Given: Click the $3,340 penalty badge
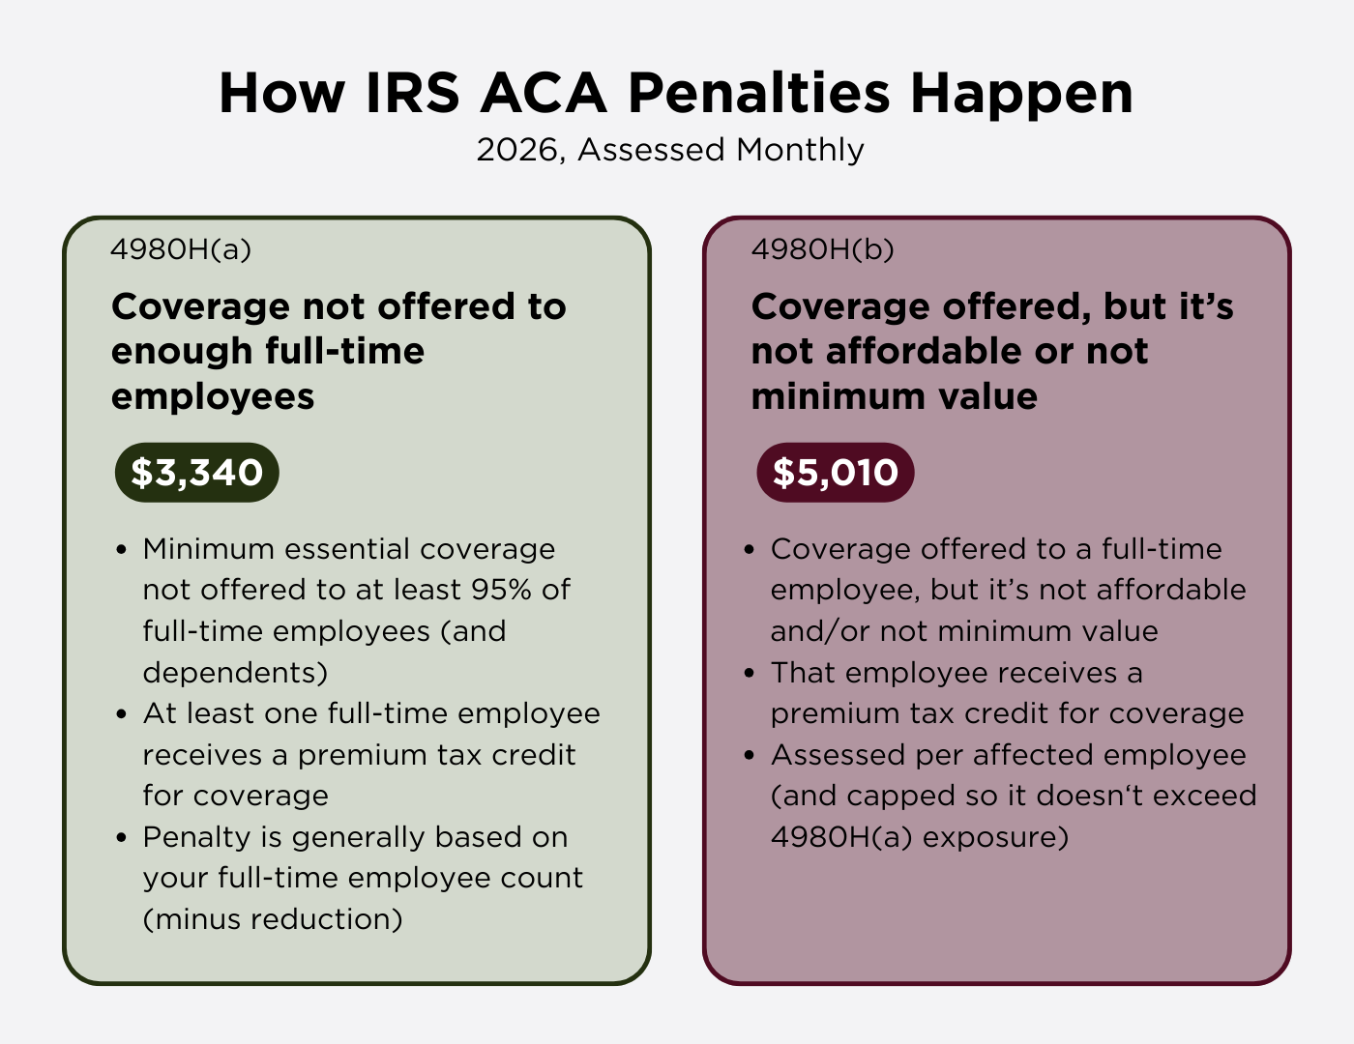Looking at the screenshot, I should click(x=196, y=473).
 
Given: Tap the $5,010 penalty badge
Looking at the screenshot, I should click(x=835, y=473).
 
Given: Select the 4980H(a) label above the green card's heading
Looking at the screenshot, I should click(x=181, y=249).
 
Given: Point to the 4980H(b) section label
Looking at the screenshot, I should click(x=822, y=249).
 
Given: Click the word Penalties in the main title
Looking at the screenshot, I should click(x=758, y=94).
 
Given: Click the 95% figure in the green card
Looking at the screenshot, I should click(x=501, y=590).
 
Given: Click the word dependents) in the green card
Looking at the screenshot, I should click(x=235, y=672).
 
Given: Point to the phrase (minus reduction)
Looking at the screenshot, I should click(x=273, y=918).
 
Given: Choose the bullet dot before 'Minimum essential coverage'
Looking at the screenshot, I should click(x=121, y=550).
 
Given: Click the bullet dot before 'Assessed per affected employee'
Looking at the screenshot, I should click(x=750, y=756).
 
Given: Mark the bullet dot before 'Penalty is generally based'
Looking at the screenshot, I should click(x=121, y=838).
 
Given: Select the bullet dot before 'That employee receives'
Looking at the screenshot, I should click(x=750, y=674).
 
